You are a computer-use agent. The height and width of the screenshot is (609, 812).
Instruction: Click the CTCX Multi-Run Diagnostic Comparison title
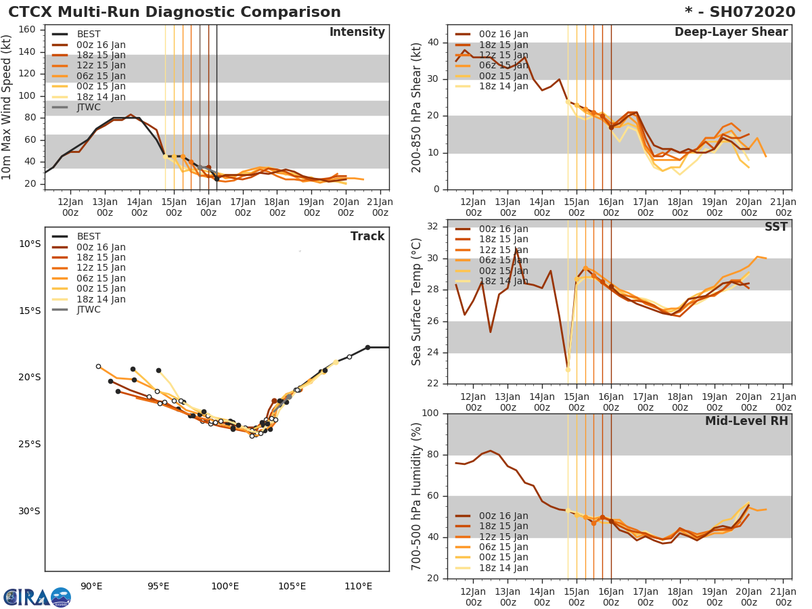175,12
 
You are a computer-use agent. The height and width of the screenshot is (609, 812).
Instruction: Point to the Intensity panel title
357,32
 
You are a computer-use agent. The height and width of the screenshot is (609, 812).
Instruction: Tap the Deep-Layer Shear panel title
731,32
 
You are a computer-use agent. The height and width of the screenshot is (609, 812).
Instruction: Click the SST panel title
775,227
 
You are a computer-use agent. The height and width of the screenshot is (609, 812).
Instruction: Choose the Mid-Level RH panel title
746,421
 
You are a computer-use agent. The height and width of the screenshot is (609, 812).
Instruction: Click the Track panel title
367,236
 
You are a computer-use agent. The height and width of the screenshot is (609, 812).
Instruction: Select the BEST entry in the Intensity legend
89,35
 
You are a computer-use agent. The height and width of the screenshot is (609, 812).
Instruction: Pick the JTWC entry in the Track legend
89,310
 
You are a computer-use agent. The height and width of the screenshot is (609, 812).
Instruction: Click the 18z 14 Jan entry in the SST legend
503,281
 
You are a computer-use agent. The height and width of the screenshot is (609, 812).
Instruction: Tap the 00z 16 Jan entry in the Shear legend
503,35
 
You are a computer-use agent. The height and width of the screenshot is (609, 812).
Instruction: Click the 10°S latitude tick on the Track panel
29,244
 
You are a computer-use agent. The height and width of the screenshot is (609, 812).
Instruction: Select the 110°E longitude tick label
358,586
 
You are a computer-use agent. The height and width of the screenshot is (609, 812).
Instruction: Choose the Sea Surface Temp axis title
418,302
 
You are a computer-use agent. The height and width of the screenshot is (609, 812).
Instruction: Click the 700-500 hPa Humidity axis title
418,496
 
